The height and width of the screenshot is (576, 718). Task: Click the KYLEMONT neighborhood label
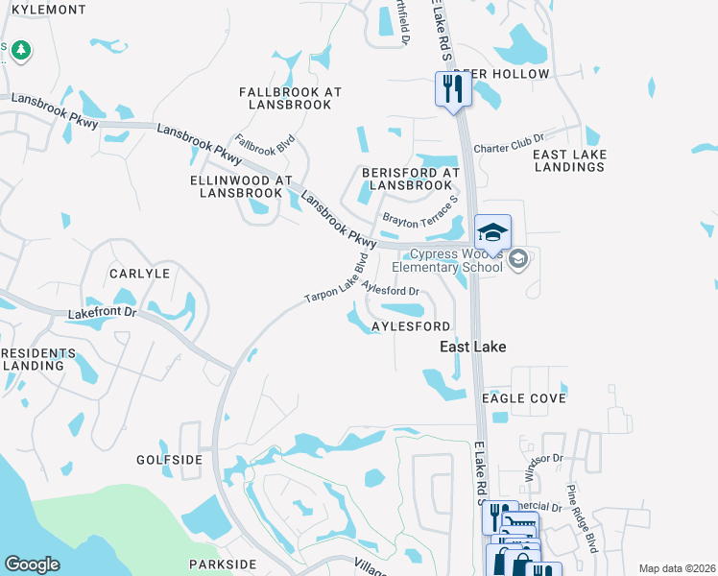(x=44, y=9)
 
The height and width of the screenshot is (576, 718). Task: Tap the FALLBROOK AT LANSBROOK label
(x=290, y=98)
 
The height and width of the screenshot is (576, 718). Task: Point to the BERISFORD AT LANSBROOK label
(x=410, y=179)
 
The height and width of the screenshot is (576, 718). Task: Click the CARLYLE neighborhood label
(x=139, y=274)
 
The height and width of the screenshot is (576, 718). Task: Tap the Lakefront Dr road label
(x=103, y=314)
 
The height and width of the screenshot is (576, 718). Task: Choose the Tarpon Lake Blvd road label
(x=337, y=278)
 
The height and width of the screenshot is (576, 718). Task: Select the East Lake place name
(x=472, y=346)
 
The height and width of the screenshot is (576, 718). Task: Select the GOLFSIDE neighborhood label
(x=169, y=460)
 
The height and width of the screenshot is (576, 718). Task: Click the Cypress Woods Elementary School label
(x=456, y=261)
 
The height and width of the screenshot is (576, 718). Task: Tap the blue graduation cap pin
(x=492, y=233)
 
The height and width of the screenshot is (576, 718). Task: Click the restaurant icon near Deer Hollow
(x=452, y=89)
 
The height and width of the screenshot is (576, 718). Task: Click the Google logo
(x=32, y=564)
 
